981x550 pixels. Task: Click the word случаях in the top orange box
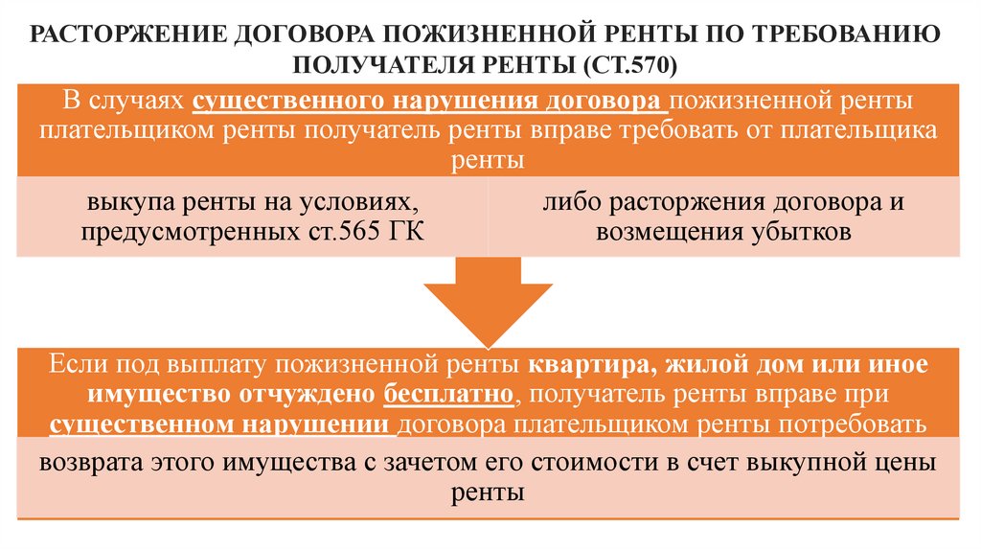(138, 101)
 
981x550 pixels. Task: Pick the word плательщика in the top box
(858, 130)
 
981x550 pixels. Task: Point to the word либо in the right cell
(567, 203)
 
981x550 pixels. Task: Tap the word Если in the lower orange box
(77, 364)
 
